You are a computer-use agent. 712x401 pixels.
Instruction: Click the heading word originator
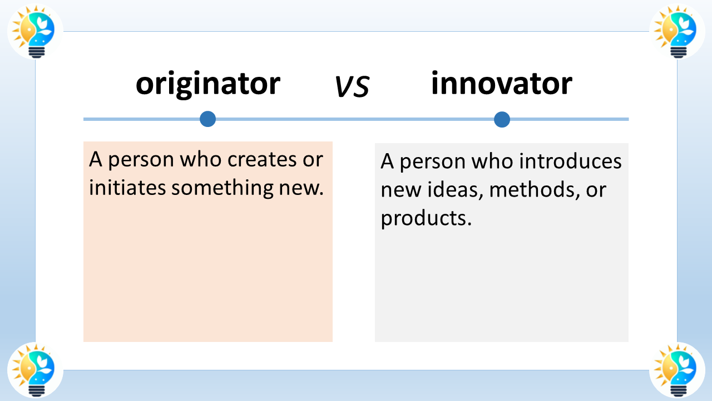[208, 84]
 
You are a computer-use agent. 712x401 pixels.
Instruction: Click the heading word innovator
[501, 84]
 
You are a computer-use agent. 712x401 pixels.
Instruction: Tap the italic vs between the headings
[352, 87]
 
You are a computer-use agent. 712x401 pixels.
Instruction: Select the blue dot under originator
[207, 119]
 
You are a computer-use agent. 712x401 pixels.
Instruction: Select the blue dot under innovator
[502, 119]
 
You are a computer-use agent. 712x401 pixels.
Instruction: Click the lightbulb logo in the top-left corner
[35, 31]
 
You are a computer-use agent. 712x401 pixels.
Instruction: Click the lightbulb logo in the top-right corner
[677, 31]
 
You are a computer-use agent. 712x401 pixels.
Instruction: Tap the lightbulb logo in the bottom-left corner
[35, 370]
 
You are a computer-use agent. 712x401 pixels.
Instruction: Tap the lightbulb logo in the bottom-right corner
[677, 370]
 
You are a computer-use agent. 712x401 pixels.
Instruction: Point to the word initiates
[127, 188]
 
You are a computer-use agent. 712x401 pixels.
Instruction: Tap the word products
[426, 218]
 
